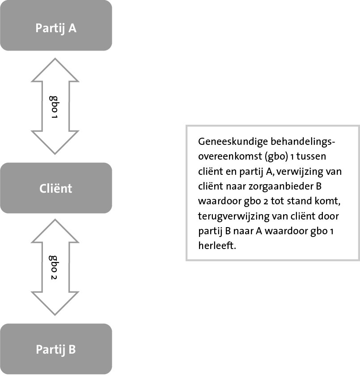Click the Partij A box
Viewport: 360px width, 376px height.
(56, 25)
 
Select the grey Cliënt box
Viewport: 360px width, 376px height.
(56, 188)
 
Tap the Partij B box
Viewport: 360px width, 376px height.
(56, 349)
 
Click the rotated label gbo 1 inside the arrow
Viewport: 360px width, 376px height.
(54, 107)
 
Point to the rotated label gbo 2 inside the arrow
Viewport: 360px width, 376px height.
(54, 267)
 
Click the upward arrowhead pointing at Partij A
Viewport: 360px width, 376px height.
(55, 70)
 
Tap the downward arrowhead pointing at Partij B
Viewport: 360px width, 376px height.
(55, 303)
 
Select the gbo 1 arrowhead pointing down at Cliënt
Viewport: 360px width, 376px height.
(55, 143)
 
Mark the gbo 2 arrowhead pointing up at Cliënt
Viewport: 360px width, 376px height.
(55, 231)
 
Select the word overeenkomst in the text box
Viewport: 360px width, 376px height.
(230, 156)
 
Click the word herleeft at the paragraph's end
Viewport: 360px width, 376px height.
(217, 245)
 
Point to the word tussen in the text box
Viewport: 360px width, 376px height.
(311, 156)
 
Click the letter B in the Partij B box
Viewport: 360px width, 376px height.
(72, 349)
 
